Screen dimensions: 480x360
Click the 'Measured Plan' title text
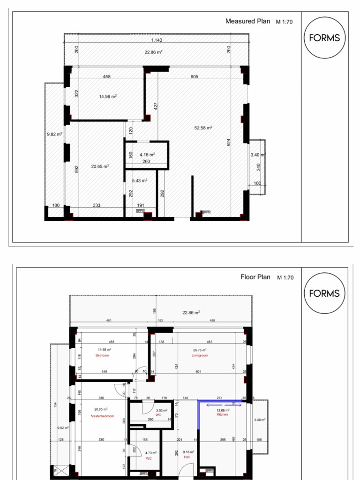click(247, 21)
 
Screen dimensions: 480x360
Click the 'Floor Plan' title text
click(255, 277)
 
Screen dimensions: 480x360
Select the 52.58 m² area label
click(203, 127)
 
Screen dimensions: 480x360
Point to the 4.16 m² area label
click(147, 154)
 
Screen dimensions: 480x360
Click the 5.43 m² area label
click(140, 180)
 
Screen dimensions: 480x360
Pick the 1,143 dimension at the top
click(157, 40)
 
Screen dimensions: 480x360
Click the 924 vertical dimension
click(229, 142)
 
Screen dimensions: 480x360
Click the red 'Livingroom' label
click(199, 356)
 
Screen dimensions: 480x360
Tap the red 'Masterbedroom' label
click(102, 416)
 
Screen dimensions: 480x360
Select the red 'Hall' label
click(187, 457)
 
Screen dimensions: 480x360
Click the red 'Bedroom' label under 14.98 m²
click(102, 356)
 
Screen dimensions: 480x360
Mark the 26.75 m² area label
click(200, 350)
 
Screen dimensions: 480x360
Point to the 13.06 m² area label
click(222, 410)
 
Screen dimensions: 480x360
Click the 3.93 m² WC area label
click(161, 410)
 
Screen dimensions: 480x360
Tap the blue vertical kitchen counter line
click(198, 415)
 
